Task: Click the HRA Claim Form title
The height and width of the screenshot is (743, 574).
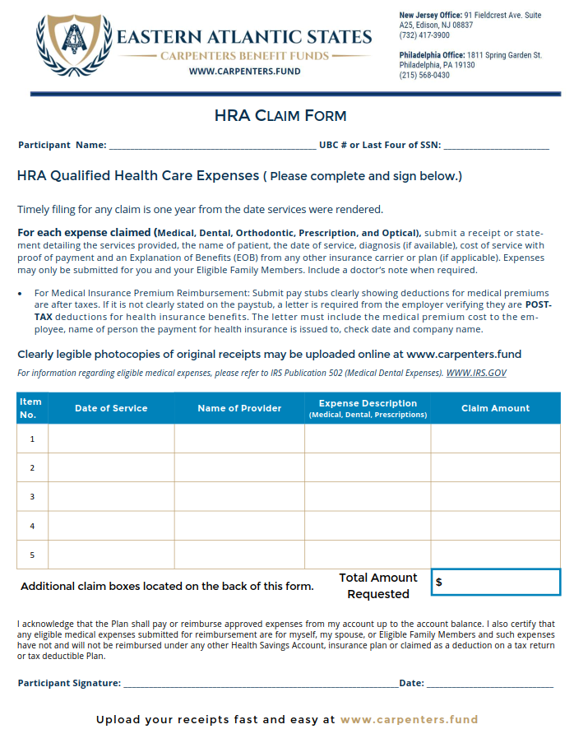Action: click(x=280, y=116)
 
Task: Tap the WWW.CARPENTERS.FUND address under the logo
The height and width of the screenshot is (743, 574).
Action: click(x=244, y=72)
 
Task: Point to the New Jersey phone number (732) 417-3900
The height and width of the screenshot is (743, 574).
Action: click(x=424, y=36)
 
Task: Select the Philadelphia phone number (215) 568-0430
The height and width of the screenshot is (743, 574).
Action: click(x=424, y=76)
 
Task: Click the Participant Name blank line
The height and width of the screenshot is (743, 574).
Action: click(x=211, y=146)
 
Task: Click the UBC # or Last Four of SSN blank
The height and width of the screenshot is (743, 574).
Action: click(x=497, y=146)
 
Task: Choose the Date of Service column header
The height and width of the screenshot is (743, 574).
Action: click(x=111, y=408)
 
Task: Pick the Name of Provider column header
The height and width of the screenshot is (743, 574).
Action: click(x=239, y=408)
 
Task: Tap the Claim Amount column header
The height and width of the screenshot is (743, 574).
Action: click(x=495, y=408)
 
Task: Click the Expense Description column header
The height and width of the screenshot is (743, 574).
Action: click(x=368, y=408)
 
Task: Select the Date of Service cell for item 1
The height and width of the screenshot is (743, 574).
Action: click(x=111, y=439)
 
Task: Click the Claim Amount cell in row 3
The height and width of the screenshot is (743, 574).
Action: click(x=495, y=496)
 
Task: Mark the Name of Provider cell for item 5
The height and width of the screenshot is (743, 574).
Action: click(x=239, y=555)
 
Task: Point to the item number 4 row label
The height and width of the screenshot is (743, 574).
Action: click(x=32, y=526)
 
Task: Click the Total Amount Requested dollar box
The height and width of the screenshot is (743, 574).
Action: click(x=495, y=582)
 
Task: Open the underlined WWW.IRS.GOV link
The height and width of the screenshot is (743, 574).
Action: click(x=476, y=373)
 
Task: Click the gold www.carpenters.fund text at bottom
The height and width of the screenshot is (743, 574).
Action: click(x=409, y=719)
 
